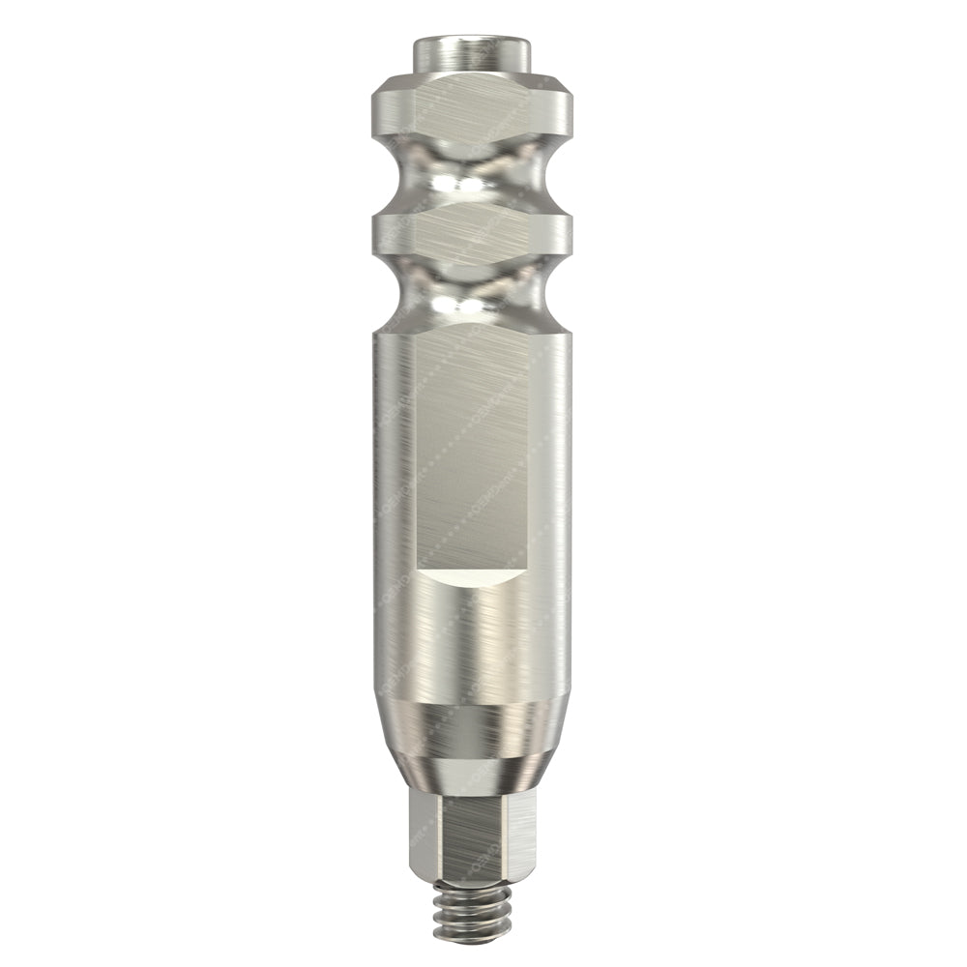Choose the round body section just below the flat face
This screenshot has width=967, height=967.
click(471, 638)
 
